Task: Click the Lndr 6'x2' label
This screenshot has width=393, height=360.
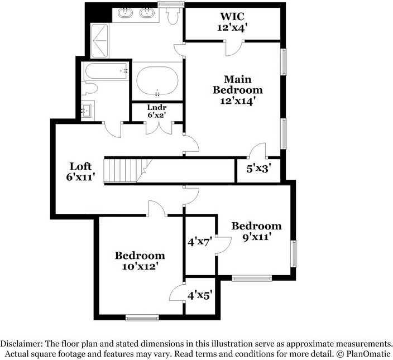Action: (157, 111)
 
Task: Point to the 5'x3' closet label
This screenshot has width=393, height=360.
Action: (258, 168)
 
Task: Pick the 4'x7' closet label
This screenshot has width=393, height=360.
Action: (199, 243)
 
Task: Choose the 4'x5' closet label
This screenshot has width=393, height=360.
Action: (199, 295)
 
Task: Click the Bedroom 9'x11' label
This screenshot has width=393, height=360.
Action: (256, 231)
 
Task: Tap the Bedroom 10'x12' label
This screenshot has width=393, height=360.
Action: (140, 261)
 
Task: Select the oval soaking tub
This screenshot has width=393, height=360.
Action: (157, 81)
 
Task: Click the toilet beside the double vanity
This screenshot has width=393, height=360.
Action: (172, 15)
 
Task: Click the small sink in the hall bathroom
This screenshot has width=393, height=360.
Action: (87, 109)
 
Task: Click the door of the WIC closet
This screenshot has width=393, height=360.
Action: (233, 49)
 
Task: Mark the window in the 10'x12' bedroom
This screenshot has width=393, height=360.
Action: (142, 318)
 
